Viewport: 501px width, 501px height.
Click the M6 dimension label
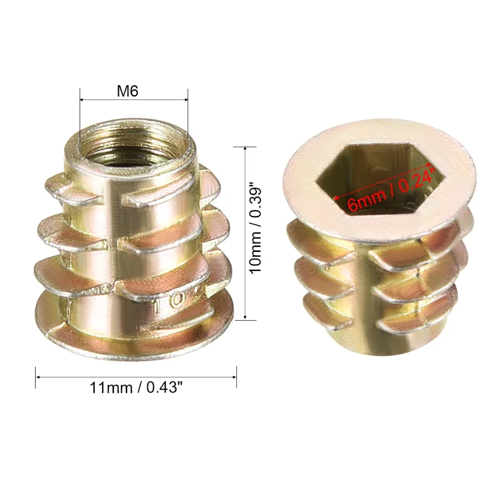[x=127, y=91]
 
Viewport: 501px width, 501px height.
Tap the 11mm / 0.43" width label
[x=136, y=388]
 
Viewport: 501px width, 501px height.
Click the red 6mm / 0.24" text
[x=392, y=189]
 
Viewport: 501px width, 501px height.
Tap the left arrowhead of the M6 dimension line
[x=82, y=100]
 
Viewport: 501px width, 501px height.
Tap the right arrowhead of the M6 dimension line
[x=186, y=100]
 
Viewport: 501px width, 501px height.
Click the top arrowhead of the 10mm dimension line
[x=245, y=149]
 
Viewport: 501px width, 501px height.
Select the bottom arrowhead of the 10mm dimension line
[x=245, y=317]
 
